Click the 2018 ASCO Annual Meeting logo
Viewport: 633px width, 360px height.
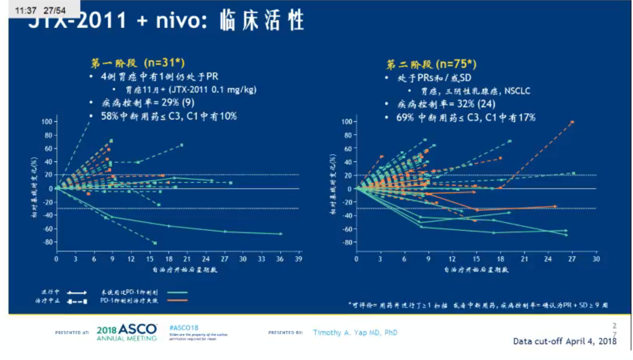[x=127, y=332]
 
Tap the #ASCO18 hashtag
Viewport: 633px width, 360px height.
[x=184, y=328]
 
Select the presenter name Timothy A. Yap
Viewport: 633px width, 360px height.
[x=355, y=333]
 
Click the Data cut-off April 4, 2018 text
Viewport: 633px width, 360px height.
[x=564, y=341]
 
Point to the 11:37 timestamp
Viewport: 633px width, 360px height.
[x=25, y=10]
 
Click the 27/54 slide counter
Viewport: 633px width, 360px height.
[x=54, y=10]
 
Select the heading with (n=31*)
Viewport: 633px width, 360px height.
[x=138, y=63]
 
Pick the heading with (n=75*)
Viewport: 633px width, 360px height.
[x=431, y=64]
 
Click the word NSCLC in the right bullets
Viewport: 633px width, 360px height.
[x=517, y=91]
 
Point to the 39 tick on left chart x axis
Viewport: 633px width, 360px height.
[x=298, y=259]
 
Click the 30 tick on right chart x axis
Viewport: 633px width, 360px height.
[x=596, y=259]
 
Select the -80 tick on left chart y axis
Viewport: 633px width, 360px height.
[x=47, y=242]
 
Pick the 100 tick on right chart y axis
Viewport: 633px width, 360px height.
[x=347, y=122]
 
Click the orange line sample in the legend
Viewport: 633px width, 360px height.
[x=177, y=300]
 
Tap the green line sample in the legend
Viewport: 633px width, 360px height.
[x=177, y=292]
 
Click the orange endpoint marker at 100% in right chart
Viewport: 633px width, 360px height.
[x=572, y=122]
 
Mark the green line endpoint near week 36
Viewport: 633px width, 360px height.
[x=281, y=234]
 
